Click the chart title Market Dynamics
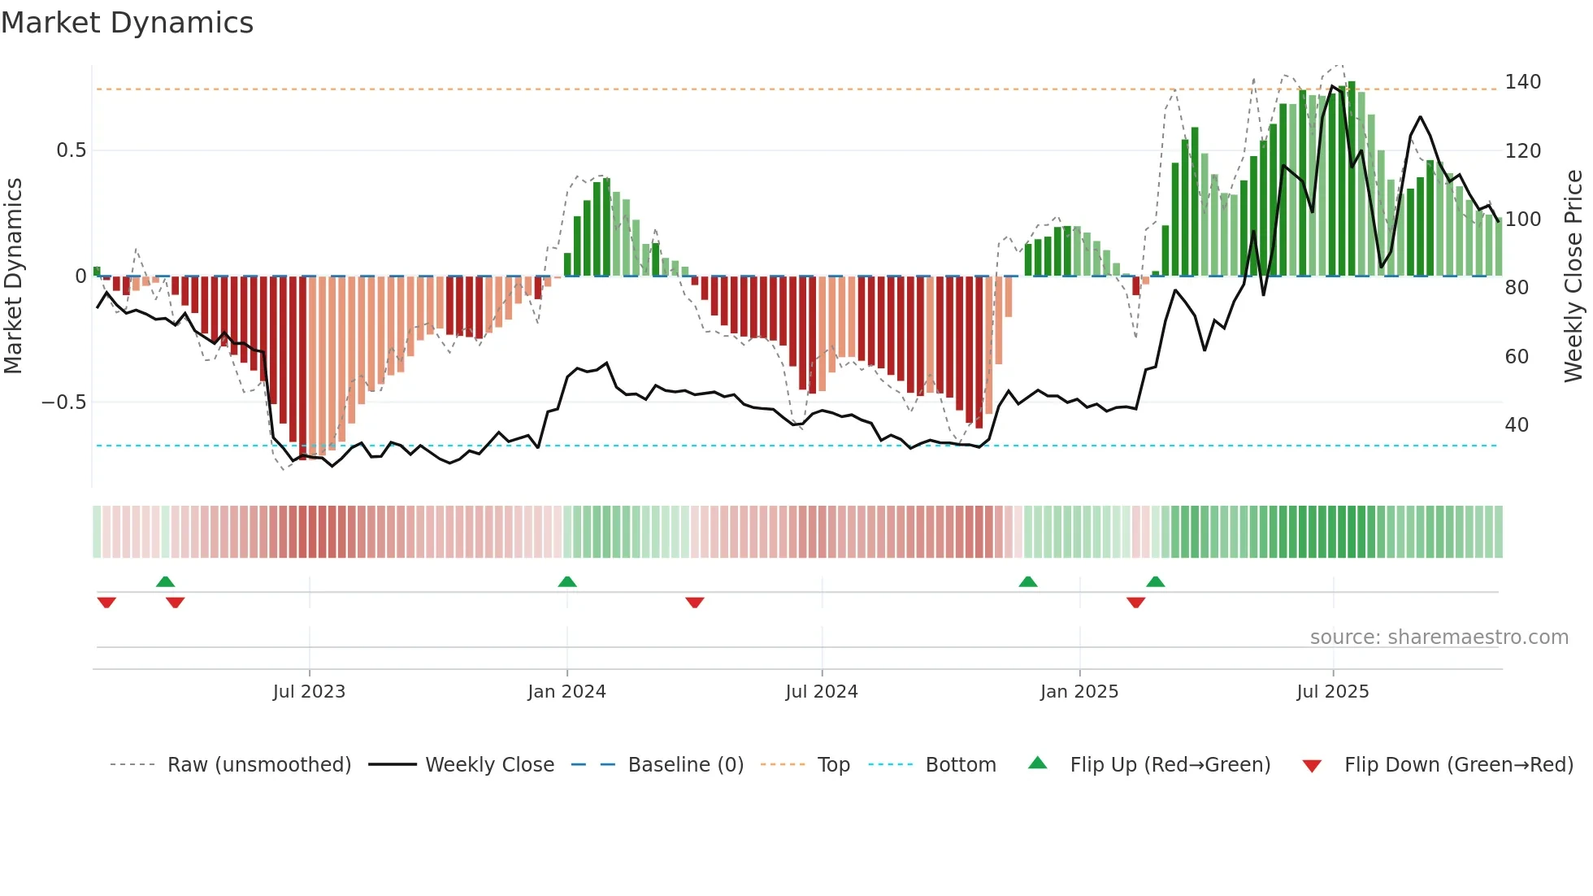coord(127,23)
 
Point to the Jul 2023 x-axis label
coord(309,692)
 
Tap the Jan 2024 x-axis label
coord(566,692)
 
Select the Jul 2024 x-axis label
coord(822,692)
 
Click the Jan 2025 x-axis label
coord(1079,692)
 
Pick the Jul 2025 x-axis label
coord(1333,692)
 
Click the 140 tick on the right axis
coord(1522,82)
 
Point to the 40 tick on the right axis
coord(1517,425)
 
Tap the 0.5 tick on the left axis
coord(71,150)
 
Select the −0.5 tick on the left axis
coord(63,402)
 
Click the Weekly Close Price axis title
coord(1573,276)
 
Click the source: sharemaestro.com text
coord(1439,637)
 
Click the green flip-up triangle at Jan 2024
coord(567,581)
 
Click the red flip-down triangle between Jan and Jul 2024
coord(694,602)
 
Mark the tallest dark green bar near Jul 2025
coord(1352,179)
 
